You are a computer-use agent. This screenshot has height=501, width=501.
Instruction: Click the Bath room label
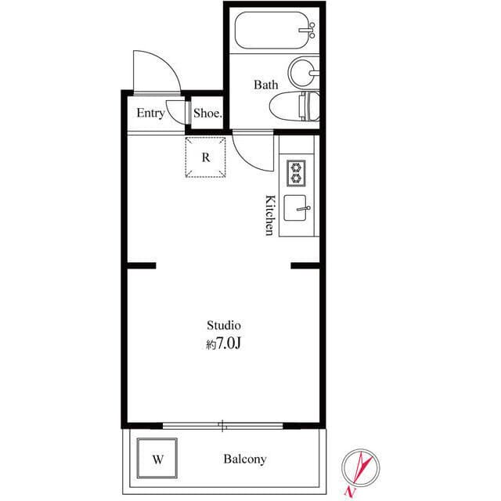[265, 85]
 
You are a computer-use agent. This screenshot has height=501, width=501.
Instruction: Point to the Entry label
[150, 114]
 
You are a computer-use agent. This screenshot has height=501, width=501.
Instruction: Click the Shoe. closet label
[207, 114]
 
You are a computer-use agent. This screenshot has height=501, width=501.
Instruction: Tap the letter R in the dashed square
[206, 157]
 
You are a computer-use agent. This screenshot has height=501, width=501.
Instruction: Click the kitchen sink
[296, 209]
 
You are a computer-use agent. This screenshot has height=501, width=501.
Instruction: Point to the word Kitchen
[269, 214]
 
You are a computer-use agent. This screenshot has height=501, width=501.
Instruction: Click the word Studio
[223, 324]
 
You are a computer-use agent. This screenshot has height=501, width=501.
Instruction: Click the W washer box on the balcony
[157, 460]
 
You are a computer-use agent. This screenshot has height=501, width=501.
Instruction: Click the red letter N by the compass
[349, 491]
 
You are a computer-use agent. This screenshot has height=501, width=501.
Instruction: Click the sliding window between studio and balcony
[223, 427]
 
